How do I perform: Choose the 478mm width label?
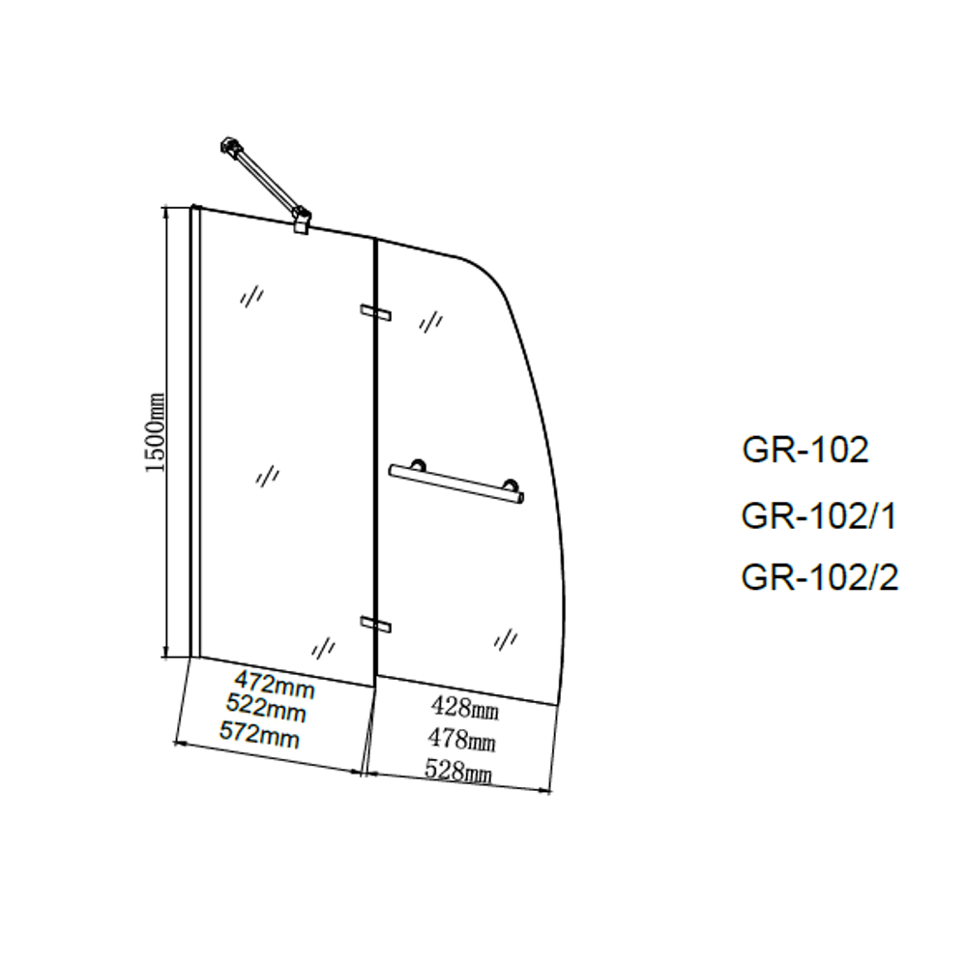pyautogui.click(x=462, y=741)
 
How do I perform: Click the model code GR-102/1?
pyautogui.click(x=819, y=517)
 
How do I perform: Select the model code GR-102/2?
pyautogui.click(x=820, y=577)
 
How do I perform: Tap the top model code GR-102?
pyautogui.click(x=805, y=450)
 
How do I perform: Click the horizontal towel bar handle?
pyautogui.click(x=455, y=483)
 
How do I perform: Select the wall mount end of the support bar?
pyautogui.click(x=229, y=147)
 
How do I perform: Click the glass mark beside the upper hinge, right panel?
pyautogui.click(x=430, y=320)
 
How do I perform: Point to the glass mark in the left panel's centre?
pyautogui.click(x=269, y=475)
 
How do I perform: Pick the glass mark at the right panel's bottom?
pyautogui.click(x=505, y=638)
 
